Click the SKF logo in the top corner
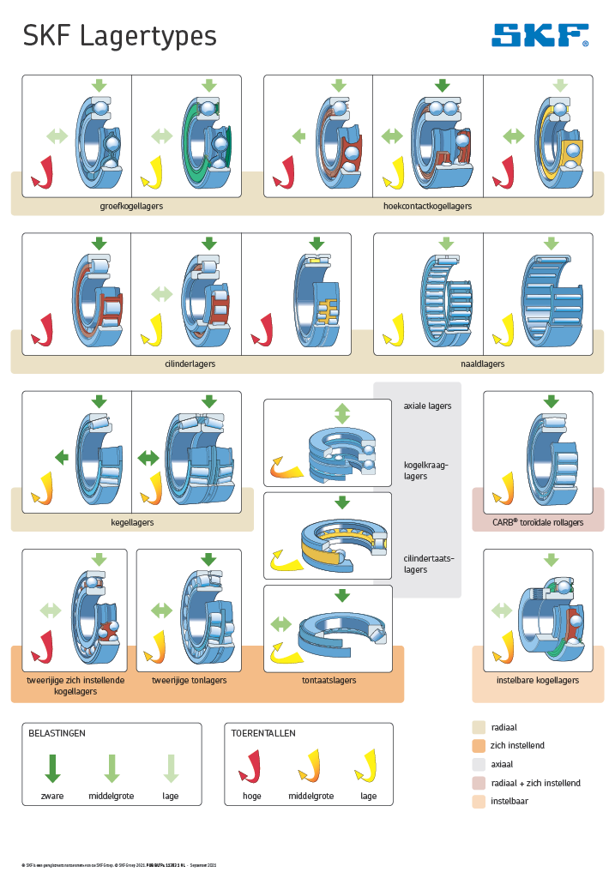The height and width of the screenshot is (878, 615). (540, 35)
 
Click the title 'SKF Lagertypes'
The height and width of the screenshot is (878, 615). (119, 36)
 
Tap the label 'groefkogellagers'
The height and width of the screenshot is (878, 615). (131, 207)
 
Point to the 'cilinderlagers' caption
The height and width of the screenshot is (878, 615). (190, 364)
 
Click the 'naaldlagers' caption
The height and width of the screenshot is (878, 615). (482, 364)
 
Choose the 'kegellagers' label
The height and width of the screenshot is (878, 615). (132, 522)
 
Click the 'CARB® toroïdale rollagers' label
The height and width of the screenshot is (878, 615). (538, 522)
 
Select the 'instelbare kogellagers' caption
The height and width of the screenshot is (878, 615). (538, 681)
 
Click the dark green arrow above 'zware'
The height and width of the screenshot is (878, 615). (52, 767)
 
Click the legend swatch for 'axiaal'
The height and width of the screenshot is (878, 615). (479, 764)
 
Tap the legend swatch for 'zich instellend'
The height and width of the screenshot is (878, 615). (479, 745)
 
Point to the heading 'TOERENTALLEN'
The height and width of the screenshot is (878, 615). (263, 734)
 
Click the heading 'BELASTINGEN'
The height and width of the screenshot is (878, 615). (57, 734)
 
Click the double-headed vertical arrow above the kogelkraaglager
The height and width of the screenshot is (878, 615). (342, 412)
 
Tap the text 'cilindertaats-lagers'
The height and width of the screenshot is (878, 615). (428, 563)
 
